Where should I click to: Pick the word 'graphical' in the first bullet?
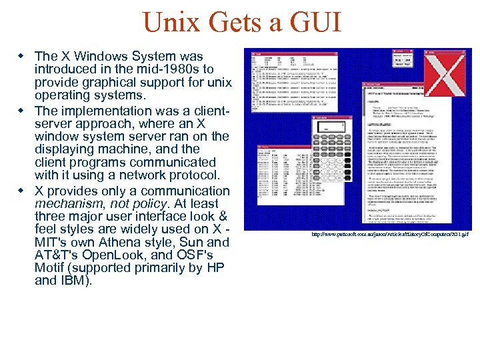tap(101, 83)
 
